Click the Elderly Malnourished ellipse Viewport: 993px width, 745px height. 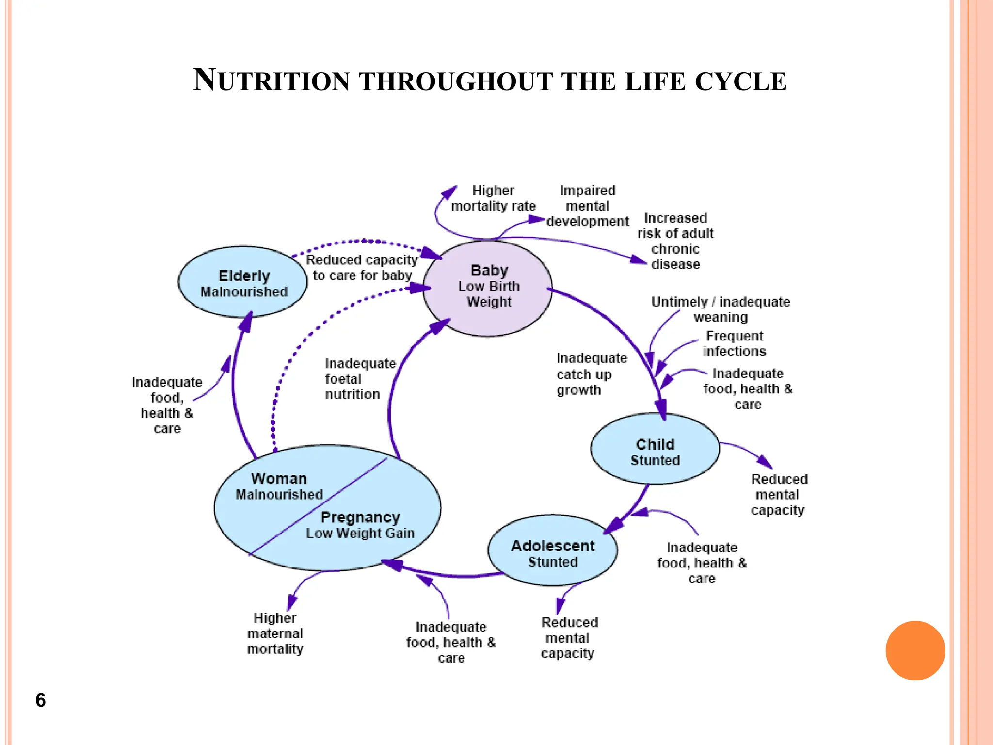click(x=243, y=283)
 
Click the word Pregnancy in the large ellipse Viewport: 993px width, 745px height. click(x=360, y=518)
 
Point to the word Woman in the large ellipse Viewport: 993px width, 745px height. click(x=279, y=479)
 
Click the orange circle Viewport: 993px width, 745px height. click(x=915, y=650)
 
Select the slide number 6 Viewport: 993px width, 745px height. click(x=41, y=700)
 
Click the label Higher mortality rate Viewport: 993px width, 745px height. click(x=493, y=198)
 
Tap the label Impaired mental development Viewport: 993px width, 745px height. click(x=587, y=206)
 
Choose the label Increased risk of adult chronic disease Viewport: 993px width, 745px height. click(x=675, y=241)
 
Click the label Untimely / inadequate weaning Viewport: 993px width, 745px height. click(x=721, y=309)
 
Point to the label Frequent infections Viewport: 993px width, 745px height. click(x=734, y=343)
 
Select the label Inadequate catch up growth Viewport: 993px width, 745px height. click(x=591, y=374)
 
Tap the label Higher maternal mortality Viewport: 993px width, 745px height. click(x=275, y=633)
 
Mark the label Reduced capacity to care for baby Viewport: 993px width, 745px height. click(x=362, y=268)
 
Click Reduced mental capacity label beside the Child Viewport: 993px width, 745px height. click(x=779, y=495)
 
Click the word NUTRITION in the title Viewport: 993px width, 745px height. click(x=272, y=81)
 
